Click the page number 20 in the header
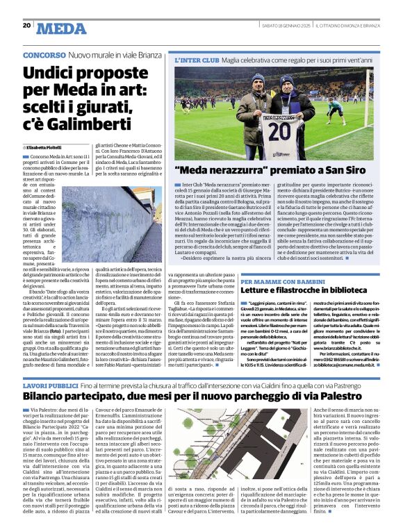point(26,26)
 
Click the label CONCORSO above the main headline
point(44,54)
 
